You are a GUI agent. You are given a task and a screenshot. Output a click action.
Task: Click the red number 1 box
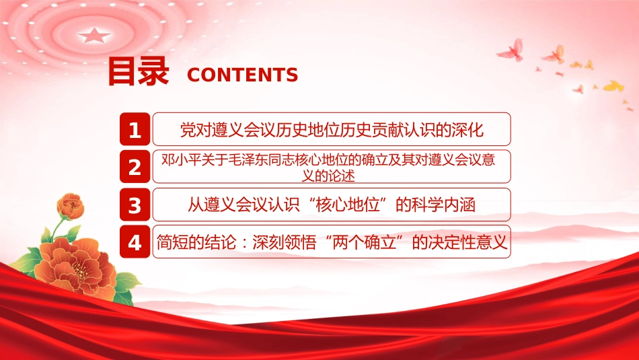pyautogui.click(x=135, y=129)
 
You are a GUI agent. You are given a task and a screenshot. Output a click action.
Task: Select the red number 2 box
pyautogui.click(x=135, y=167)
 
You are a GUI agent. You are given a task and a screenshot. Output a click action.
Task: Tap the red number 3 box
pyautogui.click(x=135, y=205)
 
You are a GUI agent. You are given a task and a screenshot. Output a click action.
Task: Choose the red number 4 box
pyautogui.click(x=135, y=242)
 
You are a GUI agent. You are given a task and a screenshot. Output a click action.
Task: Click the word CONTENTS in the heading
pyautogui.click(x=242, y=75)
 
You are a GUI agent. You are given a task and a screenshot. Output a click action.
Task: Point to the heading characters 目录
pyautogui.click(x=138, y=71)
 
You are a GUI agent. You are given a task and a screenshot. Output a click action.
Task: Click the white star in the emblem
pyautogui.click(x=94, y=36)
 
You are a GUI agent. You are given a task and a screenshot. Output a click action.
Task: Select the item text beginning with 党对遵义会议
pyautogui.click(x=332, y=130)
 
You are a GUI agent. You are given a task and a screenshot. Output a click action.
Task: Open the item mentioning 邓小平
pyautogui.click(x=328, y=167)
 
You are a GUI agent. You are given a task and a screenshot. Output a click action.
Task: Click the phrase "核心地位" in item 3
pyautogui.click(x=348, y=205)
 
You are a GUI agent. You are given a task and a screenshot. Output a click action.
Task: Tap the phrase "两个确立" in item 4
pyautogui.click(x=364, y=242)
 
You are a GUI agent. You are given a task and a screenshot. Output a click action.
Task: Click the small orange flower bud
pyautogui.click(x=71, y=206)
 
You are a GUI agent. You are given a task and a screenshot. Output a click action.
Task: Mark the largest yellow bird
pyautogui.click(x=613, y=86)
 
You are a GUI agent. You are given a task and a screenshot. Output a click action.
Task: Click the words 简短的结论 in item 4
pyautogui.click(x=196, y=242)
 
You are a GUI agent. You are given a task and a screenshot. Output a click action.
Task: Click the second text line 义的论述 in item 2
pyautogui.click(x=328, y=176)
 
